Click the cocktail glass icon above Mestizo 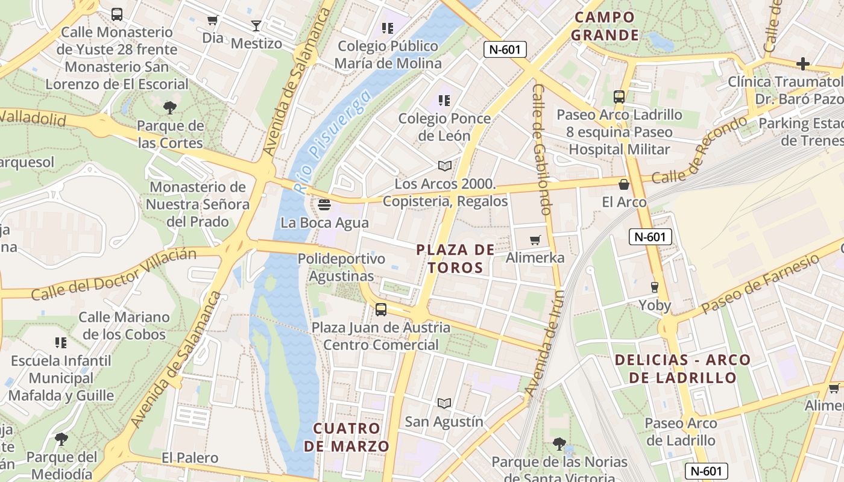(256, 25)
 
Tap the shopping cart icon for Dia (212, 20)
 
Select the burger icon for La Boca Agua (324, 205)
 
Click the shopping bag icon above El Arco (624, 184)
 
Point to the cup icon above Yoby (655, 287)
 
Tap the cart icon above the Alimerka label (535, 240)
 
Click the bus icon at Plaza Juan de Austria (381, 310)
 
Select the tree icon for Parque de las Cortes (170, 108)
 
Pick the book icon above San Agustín (444, 403)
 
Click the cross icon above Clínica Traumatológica (802, 63)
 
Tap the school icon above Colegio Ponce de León (444, 101)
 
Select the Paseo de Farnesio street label (760, 283)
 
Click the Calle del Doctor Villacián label (113, 275)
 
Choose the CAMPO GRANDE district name (605, 26)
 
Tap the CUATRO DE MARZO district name (347, 437)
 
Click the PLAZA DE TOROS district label (456, 258)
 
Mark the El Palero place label (190, 459)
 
